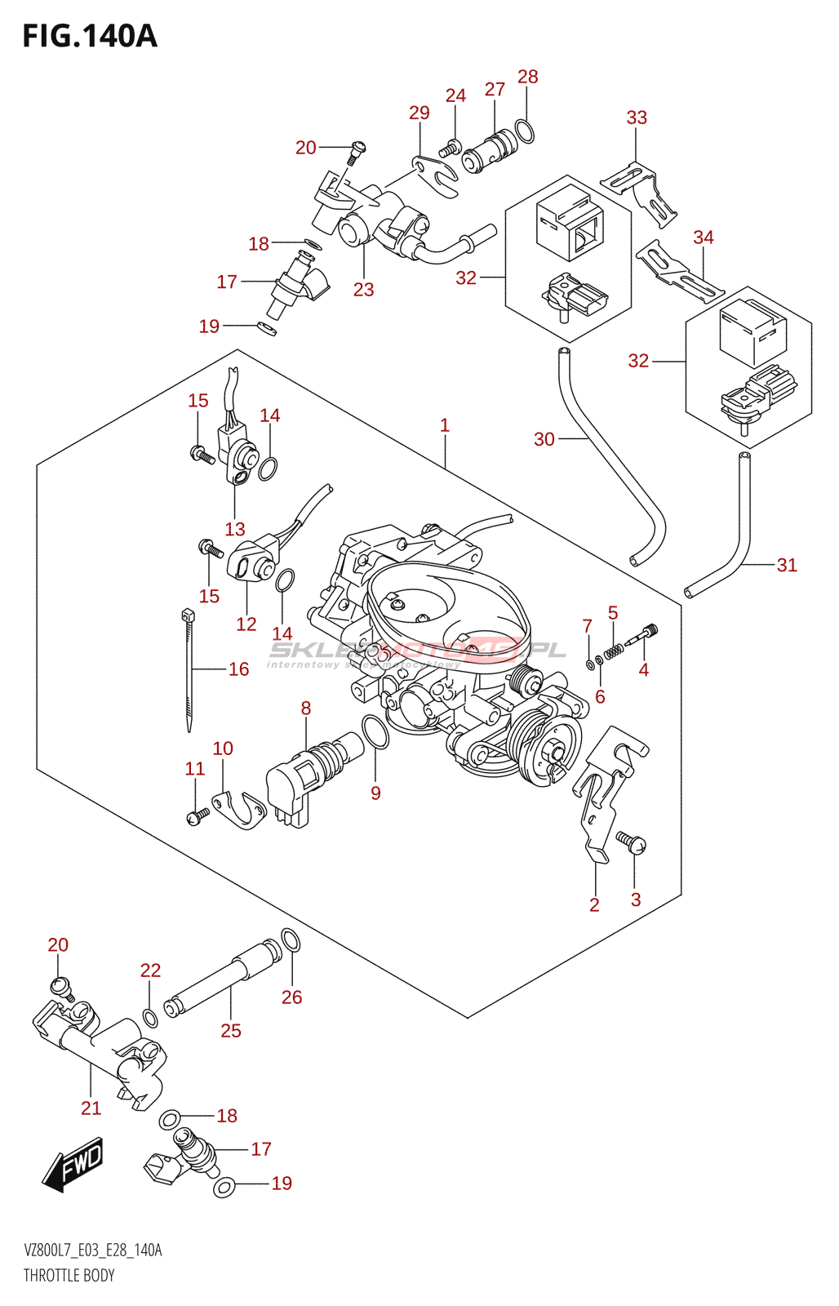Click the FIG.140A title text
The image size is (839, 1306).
90,37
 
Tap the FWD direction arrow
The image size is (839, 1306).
74,1163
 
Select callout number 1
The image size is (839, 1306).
445,425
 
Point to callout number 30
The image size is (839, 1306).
544,439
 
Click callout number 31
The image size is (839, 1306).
787,565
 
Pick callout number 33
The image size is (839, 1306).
637,118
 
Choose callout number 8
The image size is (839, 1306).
306,709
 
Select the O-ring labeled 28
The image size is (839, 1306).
526,131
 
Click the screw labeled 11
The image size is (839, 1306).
197,815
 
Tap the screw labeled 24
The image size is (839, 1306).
451,149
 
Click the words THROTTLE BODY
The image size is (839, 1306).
69,1276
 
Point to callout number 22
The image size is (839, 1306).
151,971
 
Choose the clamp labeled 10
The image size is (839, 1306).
239,809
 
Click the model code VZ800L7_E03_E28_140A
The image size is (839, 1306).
93,1250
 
